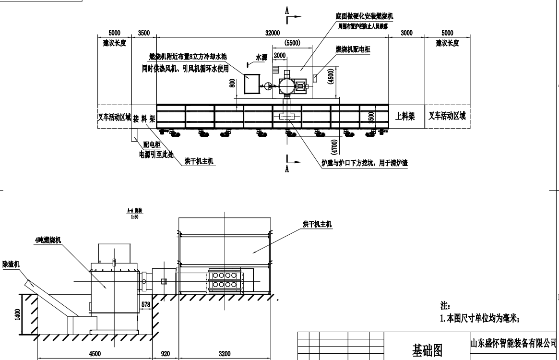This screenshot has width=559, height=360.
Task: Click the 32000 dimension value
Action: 272,33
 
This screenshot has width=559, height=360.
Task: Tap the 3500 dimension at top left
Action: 143,33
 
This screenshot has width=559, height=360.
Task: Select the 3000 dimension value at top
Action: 406,33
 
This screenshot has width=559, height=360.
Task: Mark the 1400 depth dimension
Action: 18,314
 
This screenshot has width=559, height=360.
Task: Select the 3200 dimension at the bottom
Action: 225,354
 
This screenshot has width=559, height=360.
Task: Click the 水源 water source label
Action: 261,57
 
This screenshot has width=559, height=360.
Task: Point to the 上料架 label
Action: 405,116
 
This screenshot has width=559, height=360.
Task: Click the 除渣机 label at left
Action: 10,264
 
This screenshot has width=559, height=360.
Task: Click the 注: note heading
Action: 445,306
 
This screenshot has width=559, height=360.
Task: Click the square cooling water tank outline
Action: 251,84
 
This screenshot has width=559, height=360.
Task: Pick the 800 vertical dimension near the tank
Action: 233,84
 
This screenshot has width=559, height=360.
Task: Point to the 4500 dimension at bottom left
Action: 94,354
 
